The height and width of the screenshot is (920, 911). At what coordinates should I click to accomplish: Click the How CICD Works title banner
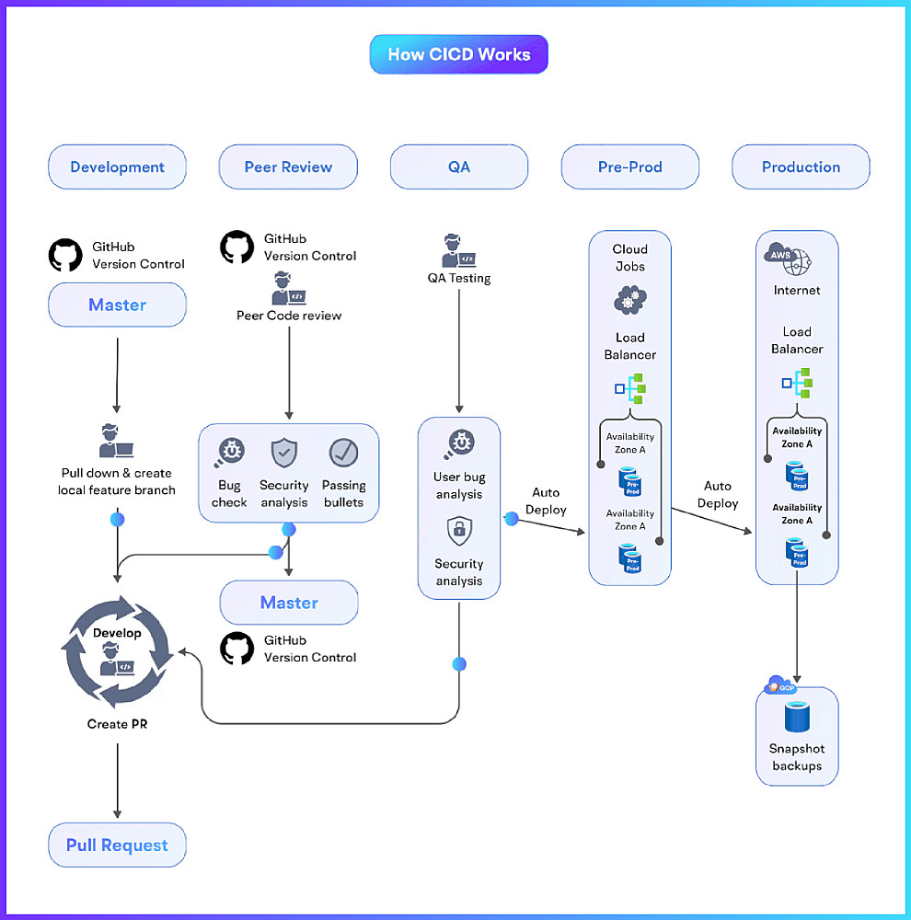pos(458,54)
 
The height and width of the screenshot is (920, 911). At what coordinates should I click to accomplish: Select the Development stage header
pos(117,167)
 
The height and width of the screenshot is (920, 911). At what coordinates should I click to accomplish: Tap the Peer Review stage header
pos(288,167)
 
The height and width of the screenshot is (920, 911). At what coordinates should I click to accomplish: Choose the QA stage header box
pos(459,167)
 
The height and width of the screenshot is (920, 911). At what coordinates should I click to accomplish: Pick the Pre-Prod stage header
pos(630,167)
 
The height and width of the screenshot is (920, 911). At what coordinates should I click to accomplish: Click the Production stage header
pos(801,167)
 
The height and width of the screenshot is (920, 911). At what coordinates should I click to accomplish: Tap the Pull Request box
pos(117,845)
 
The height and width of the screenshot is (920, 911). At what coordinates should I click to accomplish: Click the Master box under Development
pos(117,305)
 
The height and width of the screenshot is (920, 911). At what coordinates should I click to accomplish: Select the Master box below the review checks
pos(289,603)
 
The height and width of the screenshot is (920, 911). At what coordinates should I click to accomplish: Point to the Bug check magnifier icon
pos(229,453)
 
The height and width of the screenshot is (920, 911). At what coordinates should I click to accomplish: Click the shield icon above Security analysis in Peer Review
pos(283,453)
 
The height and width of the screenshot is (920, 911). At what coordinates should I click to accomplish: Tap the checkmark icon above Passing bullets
pos(343,453)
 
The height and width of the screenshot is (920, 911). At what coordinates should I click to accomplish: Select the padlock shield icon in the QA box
pos(459,531)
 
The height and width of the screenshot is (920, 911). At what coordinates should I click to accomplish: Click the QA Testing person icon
pos(458,251)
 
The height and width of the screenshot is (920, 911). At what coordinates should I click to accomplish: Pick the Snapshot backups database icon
pos(796,719)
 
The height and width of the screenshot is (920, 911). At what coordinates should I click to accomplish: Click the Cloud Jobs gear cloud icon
pos(630,301)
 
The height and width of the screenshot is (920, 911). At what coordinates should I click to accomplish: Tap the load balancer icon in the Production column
pos(797,382)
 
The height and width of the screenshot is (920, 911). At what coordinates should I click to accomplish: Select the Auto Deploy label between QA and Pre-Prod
pos(546,501)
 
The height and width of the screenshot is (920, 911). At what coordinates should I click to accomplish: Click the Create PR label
pos(117,724)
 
